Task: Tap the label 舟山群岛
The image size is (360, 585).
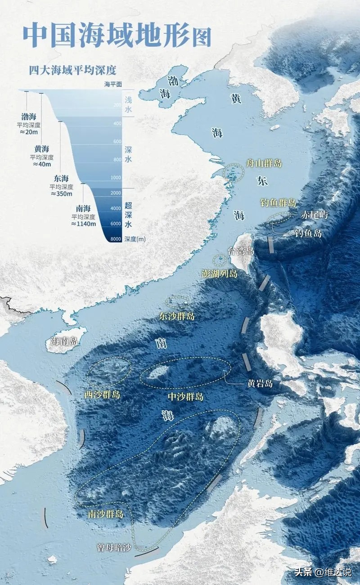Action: [264, 162]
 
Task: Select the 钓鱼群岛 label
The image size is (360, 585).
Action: [278, 202]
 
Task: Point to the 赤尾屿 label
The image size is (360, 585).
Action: [314, 215]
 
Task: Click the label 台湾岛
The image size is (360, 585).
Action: [241, 251]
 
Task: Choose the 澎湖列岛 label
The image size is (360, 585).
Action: [219, 274]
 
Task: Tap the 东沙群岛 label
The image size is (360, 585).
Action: [177, 316]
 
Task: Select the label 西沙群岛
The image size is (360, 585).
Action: [103, 395]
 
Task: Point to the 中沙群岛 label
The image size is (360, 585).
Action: [185, 396]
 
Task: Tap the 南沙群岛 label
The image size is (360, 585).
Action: [106, 513]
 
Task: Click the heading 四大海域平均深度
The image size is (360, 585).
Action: [72, 71]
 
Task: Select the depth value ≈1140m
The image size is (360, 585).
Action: [83, 224]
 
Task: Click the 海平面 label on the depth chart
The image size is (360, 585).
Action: [113, 84]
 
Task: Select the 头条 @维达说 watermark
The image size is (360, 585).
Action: [323, 572]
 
